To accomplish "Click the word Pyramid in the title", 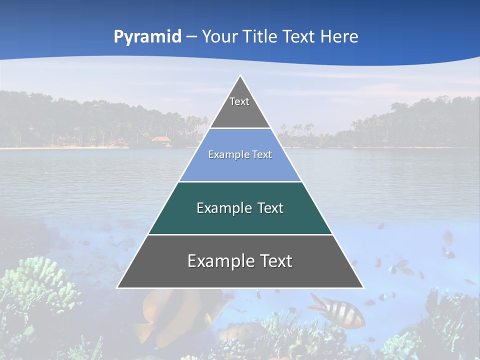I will (147, 37).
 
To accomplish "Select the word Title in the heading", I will (262, 36).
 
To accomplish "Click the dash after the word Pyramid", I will (191, 37).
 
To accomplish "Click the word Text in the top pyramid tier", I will (239, 101).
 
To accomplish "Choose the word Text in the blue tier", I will (260, 154).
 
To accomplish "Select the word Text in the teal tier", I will (270, 208).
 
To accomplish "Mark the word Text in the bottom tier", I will (276, 261).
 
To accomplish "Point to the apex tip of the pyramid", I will (240, 76).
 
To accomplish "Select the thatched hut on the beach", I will (161, 141).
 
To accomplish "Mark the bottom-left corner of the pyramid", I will (117, 288).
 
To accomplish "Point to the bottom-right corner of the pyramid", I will (363, 288).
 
